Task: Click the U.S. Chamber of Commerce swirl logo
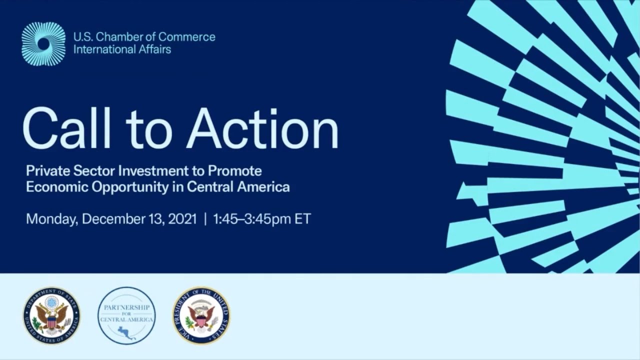(x=43, y=44)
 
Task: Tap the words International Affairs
(x=122, y=49)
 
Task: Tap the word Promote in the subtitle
(x=234, y=171)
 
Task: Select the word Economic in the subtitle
(x=50, y=187)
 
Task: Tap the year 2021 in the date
(x=182, y=219)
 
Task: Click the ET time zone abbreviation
(x=302, y=219)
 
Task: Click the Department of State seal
(x=51, y=315)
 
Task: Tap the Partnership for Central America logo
(x=126, y=315)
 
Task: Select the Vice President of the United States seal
(x=201, y=315)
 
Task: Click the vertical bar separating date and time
(x=204, y=219)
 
